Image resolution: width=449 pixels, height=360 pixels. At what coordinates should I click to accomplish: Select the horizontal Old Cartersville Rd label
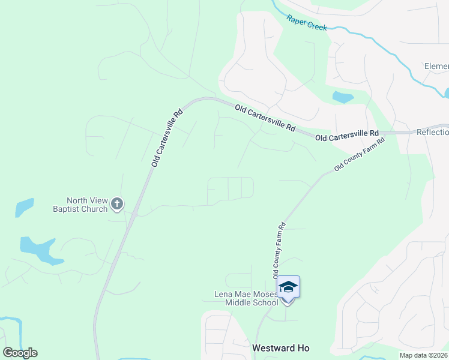(x=347, y=136)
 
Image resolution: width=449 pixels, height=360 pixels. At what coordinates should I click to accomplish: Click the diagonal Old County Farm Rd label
(x=359, y=154)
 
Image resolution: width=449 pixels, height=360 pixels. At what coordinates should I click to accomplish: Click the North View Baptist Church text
(x=87, y=205)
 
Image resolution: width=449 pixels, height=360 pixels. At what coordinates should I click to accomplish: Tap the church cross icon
(x=117, y=205)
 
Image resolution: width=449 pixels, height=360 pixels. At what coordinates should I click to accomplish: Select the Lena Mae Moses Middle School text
(x=246, y=298)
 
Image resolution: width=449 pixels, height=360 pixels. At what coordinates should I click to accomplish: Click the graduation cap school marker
(x=289, y=287)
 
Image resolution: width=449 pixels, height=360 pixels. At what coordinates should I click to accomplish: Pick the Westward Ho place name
(x=282, y=348)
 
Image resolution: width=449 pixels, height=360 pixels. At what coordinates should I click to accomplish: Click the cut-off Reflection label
(x=432, y=132)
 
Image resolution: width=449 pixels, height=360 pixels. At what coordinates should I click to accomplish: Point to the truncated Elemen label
(x=436, y=66)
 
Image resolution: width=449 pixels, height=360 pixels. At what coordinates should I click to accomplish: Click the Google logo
(x=20, y=353)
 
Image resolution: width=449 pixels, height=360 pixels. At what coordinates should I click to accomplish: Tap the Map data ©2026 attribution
(x=424, y=355)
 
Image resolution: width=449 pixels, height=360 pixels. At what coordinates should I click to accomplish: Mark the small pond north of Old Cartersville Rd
(x=342, y=97)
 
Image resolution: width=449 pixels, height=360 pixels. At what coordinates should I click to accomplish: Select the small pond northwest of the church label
(x=25, y=206)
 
